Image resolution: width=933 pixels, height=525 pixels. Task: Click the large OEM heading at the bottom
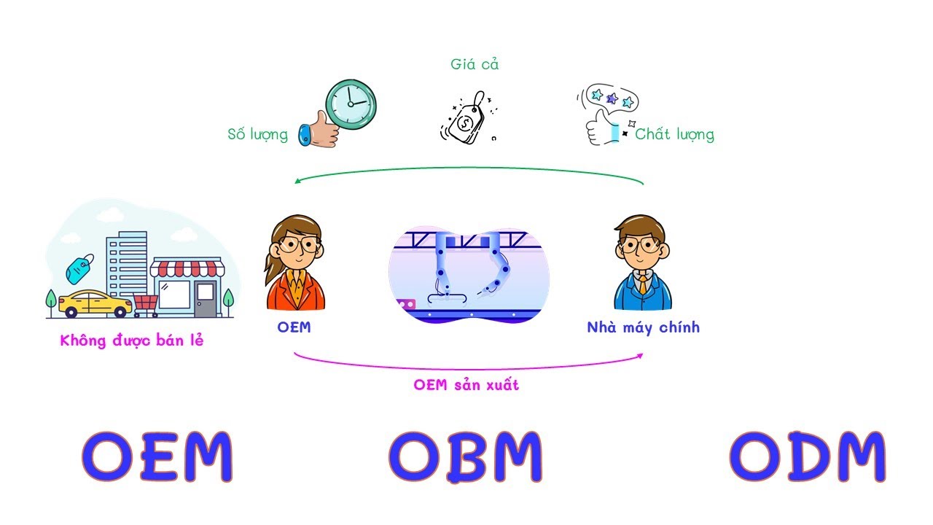pos(157,456)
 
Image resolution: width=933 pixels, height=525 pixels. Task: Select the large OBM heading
pos(466,456)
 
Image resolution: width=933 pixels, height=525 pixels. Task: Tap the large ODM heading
pos(808,456)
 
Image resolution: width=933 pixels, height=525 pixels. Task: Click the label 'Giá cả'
pos(475,64)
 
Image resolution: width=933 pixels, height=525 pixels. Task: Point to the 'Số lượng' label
pos(257,135)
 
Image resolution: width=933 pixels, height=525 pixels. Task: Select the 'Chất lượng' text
pos(674,134)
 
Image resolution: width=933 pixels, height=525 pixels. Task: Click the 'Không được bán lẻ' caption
pos(132,341)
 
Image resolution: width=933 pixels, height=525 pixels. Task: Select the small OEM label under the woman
pos(294,327)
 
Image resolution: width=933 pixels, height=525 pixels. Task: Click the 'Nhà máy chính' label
pos(643,327)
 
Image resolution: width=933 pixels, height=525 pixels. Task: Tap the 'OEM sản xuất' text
pos(466,385)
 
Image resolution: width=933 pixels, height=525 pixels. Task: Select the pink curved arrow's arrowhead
pos(639,355)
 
